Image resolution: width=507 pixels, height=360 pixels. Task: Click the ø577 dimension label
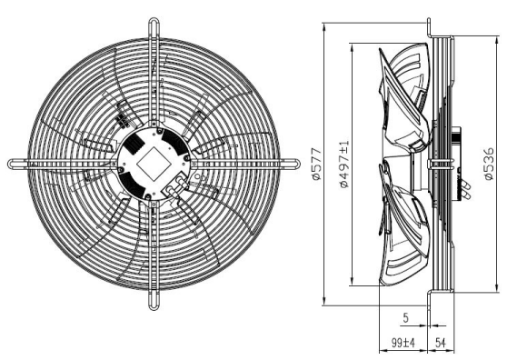tap(317, 164)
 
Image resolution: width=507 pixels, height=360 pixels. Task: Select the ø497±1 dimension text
tap(344, 164)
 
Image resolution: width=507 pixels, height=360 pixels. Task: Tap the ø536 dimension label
tap(489, 164)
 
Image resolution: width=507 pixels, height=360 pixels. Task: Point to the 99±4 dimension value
tap(403, 343)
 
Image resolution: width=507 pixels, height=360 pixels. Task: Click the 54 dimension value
tap(441, 343)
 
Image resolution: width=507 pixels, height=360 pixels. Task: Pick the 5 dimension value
tap(406, 318)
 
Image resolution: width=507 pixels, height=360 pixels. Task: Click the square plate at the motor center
tap(153, 164)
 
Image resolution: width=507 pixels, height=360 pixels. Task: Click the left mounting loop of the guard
tap(19, 164)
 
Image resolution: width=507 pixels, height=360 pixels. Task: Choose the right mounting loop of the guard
tap(289, 164)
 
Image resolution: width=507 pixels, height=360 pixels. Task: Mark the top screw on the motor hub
tap(159, 131)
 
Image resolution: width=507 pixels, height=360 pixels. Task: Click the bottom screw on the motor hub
tap(148, 196)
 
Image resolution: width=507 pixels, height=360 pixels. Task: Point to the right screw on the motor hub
tap(186, 158)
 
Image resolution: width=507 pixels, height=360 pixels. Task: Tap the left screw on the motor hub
tap(120, 169)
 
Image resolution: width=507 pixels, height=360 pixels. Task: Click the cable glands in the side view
tap(465, 189)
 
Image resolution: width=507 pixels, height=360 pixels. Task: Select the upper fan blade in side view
tap(404, 97)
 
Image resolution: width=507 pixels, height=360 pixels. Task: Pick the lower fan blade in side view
tap(404, 226)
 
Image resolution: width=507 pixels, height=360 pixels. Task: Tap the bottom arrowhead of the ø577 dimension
tap(324, 301)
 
